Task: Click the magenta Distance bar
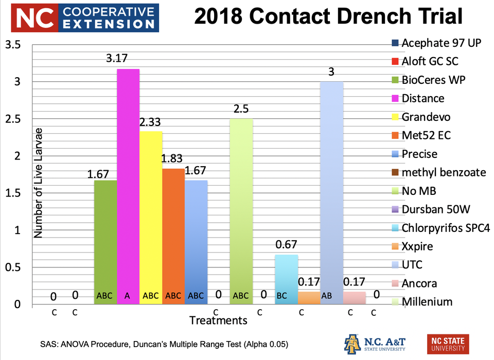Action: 128,185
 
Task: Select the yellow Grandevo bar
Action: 151,216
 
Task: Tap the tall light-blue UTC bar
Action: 332,190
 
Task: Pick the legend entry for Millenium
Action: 427,302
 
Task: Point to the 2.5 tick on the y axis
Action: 14,119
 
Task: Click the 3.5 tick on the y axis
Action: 14,45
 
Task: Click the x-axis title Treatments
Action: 218,321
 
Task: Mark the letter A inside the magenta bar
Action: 128,296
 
